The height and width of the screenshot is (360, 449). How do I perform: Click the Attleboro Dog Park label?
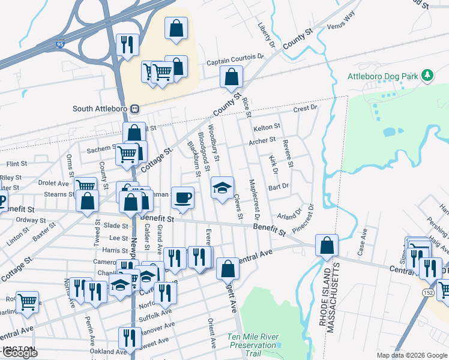(x=382, y=77)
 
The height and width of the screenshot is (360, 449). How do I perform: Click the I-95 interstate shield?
(x=59, y=44)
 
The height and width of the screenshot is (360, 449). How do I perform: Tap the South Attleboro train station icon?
(x=136, y=109)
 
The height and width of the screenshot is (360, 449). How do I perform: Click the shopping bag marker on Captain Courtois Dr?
(x=231, y=77)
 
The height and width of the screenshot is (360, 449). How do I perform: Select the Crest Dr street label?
(x=305, y=109)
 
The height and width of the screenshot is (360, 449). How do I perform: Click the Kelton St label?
(x=267, y=127)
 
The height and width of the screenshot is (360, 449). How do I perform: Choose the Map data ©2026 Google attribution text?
(x=412, y=355)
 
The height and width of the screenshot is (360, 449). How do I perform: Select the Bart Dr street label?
(x=279, y=187)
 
